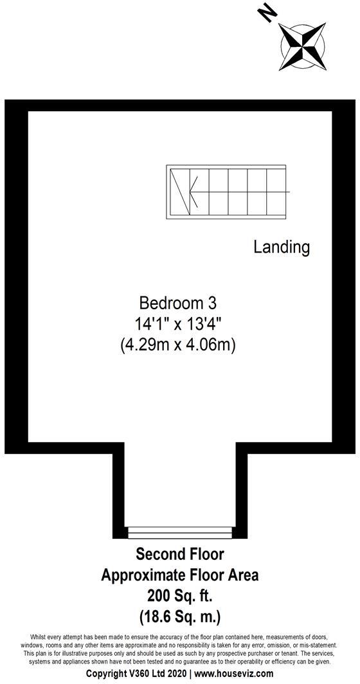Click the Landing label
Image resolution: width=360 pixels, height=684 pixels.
click(282, 247)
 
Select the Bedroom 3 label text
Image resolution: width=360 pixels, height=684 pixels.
click(178, 302)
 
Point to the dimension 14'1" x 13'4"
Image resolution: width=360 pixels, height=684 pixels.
click(178, 323)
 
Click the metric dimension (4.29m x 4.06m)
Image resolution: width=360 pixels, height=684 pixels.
click(178, 345)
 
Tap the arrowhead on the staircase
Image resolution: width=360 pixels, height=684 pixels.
click(193, 192)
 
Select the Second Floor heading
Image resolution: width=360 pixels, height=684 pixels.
click(179, 553)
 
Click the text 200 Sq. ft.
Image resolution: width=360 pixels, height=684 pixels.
click(179, 596)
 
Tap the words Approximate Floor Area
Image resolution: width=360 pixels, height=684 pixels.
click(179, 575)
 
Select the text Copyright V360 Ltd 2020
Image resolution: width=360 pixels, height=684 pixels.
click(132, 674)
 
